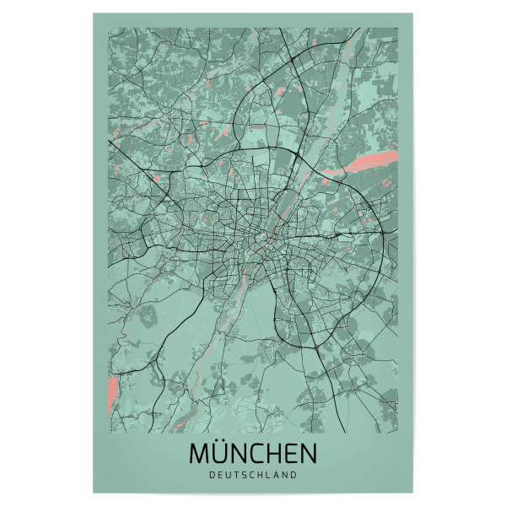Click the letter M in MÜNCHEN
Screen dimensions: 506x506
coord(200,454)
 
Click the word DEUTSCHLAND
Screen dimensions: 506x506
coord(253,475)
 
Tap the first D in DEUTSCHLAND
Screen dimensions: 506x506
coord(210,475)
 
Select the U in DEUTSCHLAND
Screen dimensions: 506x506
coord(228,475)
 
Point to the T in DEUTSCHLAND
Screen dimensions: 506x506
coord(236,475)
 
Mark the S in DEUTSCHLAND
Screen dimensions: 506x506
coord(245,475)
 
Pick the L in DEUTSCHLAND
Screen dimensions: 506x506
coord(271,475)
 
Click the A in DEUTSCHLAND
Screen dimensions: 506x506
coord(279,475)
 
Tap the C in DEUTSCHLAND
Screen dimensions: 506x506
coord(253,475)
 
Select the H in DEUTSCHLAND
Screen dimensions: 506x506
coord(262,475)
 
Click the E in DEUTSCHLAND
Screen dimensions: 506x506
coord(219,475)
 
